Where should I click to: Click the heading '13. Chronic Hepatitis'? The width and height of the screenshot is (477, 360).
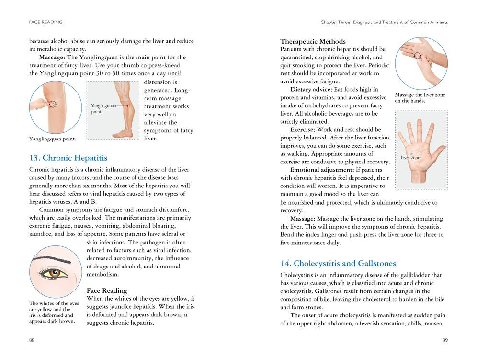[x=68, y=158]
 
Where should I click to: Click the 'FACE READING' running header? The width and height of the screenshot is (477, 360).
[x=45, y=22]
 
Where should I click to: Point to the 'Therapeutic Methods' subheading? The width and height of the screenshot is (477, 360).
[x=313, y=41]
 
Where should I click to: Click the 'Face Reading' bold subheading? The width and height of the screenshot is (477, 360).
[x=107, y=290]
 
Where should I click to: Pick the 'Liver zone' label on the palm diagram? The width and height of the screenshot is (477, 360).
[x=410, y=158]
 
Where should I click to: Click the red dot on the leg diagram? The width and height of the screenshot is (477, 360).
[x=128, y=105]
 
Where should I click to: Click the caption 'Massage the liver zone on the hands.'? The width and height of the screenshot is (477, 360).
[x=420, y=98]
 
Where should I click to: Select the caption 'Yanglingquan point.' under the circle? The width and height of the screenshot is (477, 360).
[x=52, y=139]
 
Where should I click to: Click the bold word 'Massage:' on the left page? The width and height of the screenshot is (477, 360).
[x=52, y=57]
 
